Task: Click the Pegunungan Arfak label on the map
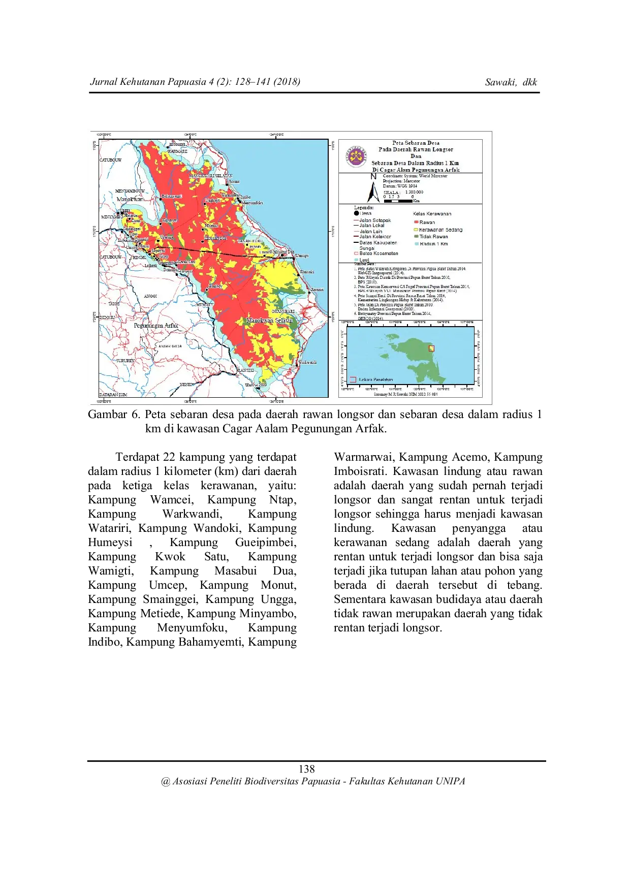(156, 326)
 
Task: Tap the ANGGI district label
(150, 296)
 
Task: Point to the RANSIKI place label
(246, 370)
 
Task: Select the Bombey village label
(215, 287)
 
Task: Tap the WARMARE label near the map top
(177, 151)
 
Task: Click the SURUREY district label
(125, 361)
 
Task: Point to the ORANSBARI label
(283, 311)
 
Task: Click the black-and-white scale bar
(398, 201)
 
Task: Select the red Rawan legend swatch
(416, 222)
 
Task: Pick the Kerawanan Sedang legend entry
(440, 230)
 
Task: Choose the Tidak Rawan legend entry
(433, 237)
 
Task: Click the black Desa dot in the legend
(356, 213)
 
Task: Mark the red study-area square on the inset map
(431, 348)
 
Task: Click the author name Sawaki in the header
(500, 82)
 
